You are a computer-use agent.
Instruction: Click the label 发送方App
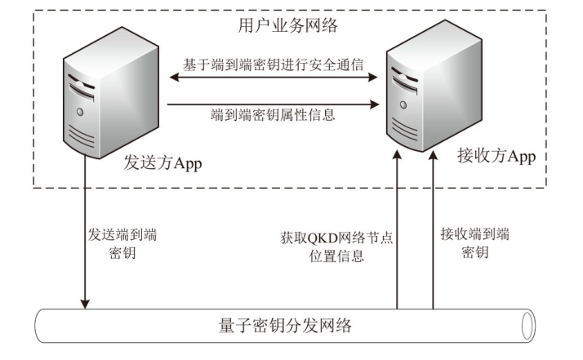(x=162, y=162)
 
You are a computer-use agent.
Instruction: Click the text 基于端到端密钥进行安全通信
(x=274, y=64)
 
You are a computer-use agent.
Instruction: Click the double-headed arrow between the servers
(x=274, y=78)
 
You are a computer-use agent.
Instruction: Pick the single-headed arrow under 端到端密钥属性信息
(x=274, y=104)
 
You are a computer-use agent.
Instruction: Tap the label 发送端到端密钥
(x=122, y=244)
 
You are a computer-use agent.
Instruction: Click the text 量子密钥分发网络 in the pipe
(x=286, y=326)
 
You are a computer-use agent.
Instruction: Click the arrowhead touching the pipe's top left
(x=85, y=304)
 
